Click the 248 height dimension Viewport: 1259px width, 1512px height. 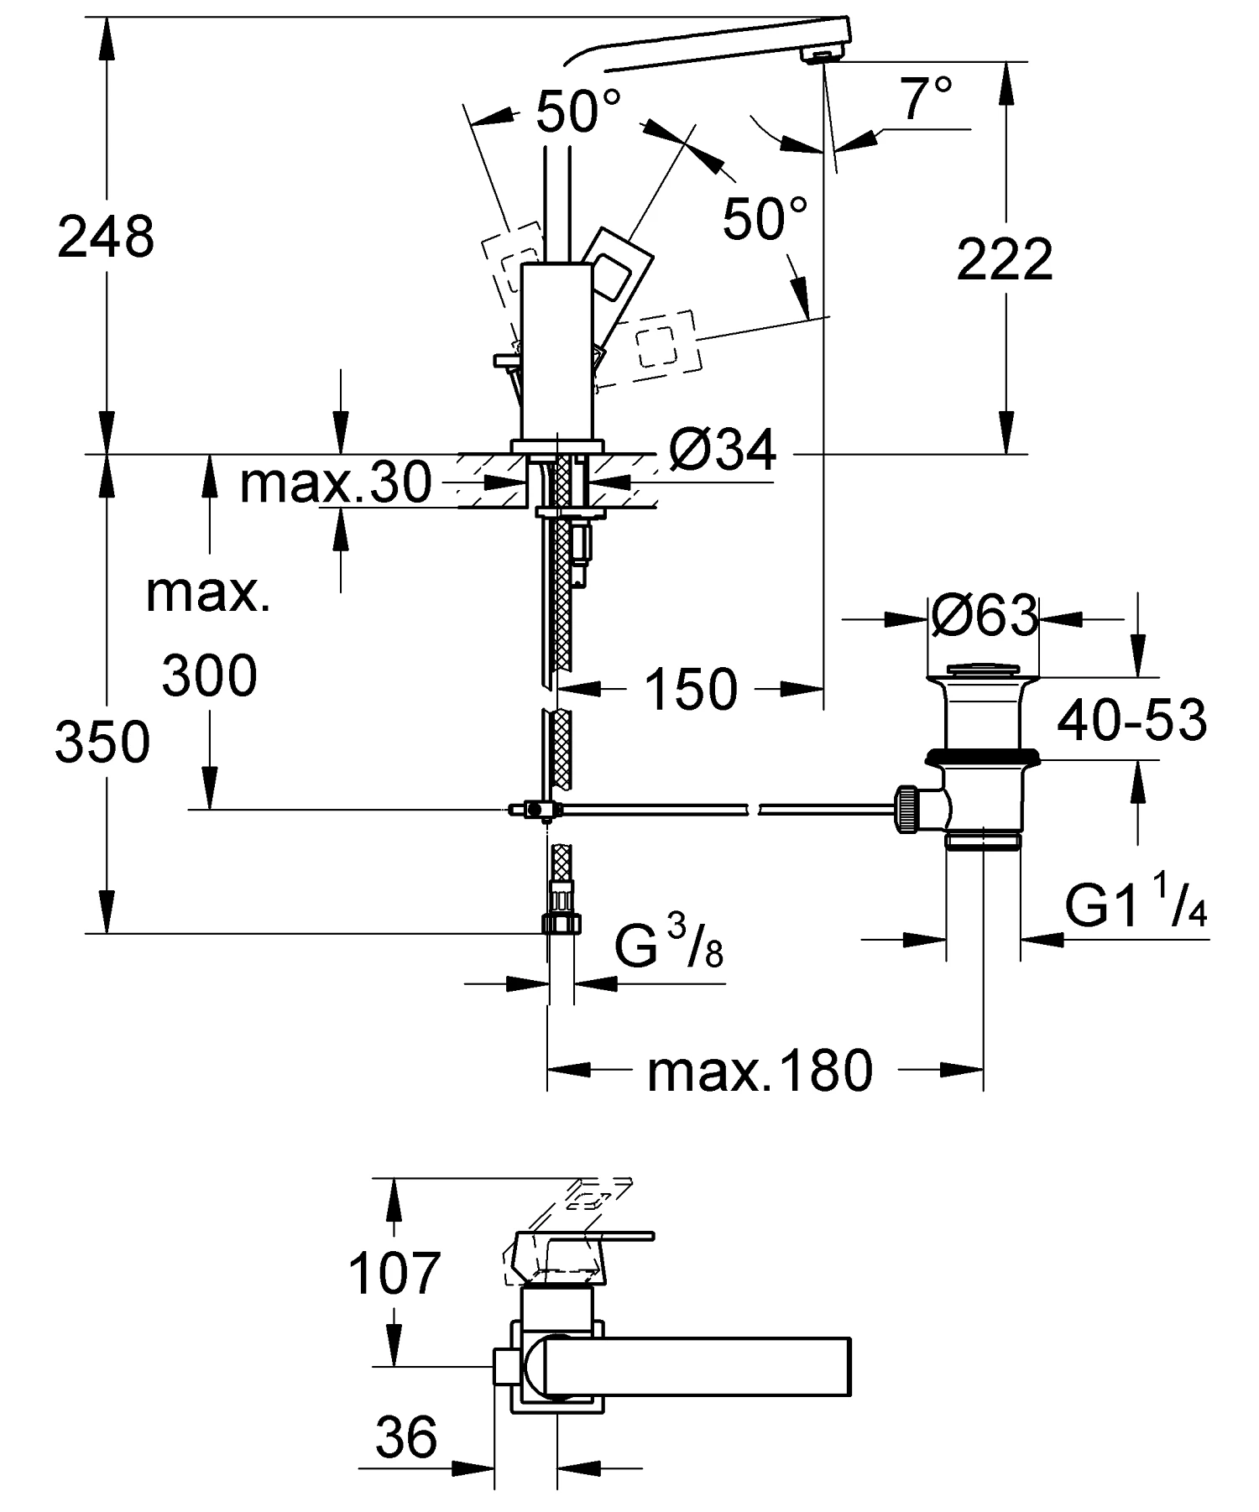[x=106, y=237]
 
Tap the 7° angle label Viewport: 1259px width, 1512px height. [x=927, y=99]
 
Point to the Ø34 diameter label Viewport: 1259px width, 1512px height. [x=724, y=452]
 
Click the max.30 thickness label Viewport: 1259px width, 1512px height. [x=335, y=483]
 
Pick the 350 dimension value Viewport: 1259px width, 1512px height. [x=102, y=743]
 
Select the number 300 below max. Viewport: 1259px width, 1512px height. [x=209, y=676]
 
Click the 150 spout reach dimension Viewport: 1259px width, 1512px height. [x=691, y=690]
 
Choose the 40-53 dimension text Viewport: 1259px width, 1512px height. [x=1131, y=720]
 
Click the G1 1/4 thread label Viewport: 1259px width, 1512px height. [x=1136, y=905]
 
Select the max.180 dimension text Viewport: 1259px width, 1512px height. [x=760, y=1071]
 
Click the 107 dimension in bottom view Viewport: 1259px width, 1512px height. [x=394, y=1273]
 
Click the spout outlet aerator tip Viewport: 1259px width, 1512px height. [x=821, y=55]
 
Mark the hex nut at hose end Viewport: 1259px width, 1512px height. [x=561, y=923]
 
